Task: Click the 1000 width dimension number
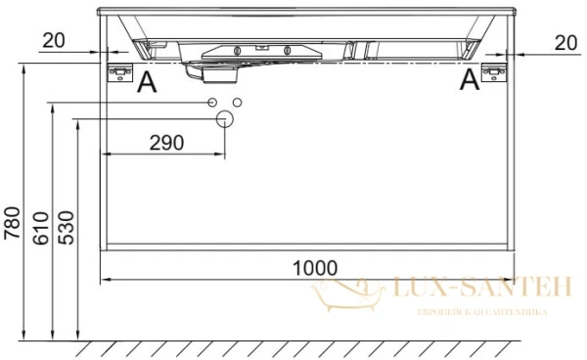click(315, 268)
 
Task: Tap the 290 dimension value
click(167, 143)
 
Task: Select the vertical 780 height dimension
click(12, 223)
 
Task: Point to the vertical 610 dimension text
click(41, 228)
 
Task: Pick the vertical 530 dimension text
click(67, 228)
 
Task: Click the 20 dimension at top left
click(54, 40)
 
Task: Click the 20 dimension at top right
click(565, 43)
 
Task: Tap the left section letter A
click(147, 82)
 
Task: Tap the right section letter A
click(470, 79)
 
